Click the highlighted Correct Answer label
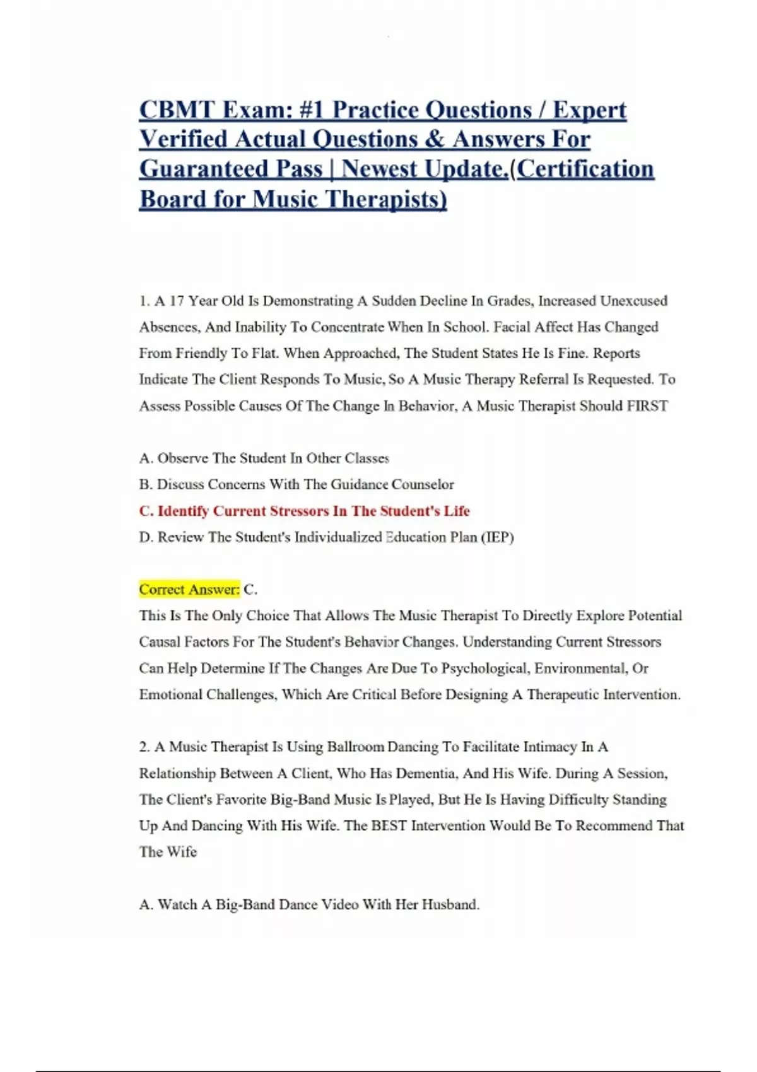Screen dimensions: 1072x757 189,590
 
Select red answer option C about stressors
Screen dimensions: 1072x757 305,511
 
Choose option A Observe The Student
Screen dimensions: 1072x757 264,458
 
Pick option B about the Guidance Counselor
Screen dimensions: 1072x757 296,484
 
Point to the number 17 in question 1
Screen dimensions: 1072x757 177,301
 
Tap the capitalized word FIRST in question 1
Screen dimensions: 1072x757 647,406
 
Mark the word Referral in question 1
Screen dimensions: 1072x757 590,380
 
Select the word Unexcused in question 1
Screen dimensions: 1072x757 633,301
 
